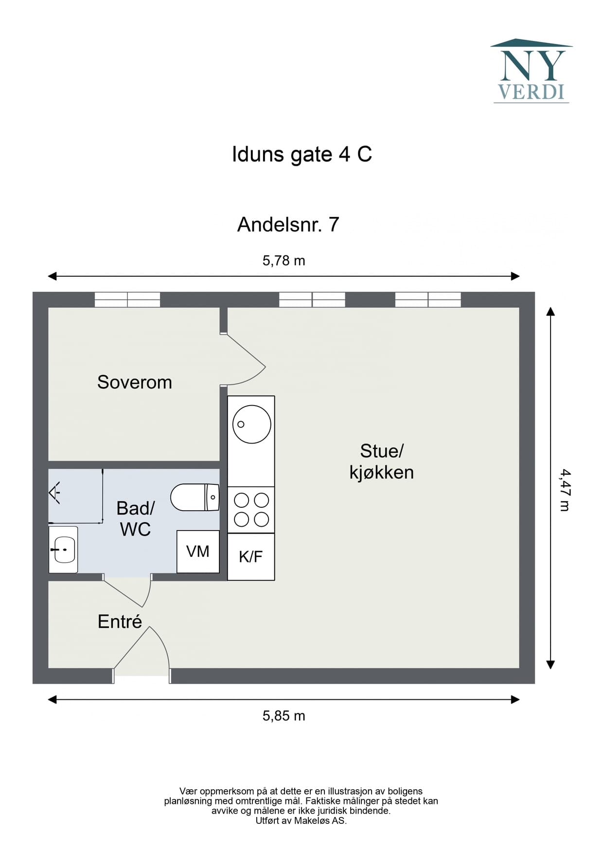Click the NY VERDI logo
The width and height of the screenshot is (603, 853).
coord(532,71)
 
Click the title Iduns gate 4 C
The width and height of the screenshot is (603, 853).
coord(301,155)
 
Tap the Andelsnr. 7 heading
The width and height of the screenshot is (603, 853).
coord(288,225)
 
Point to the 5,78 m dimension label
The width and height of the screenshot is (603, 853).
coord(284,261)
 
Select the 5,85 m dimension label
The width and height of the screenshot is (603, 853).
coord(284,716)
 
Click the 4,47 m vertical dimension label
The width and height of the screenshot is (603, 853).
coord(565,490)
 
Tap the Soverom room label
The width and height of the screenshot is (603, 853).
coord(135,382)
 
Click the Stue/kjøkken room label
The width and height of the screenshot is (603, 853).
coord(381,462)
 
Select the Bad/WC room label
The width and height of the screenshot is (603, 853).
coord(135,518)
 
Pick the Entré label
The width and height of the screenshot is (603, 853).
coord(120,622)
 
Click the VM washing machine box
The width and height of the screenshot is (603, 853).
coord(198,551)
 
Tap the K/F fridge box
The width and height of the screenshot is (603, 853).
coord(251,557)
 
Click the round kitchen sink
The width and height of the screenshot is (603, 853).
coord(251,424)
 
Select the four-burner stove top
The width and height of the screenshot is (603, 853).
coord(251,510)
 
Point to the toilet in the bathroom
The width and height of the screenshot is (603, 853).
coord(195,497)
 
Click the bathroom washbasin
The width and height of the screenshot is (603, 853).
coord(63,549)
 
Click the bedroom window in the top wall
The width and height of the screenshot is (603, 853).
coord(127,300)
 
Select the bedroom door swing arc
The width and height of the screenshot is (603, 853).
coord(248,360)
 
